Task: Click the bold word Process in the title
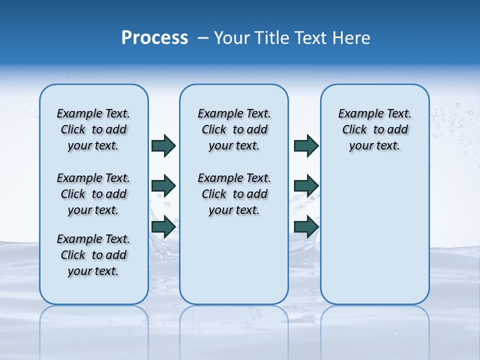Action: [x=154, y=38]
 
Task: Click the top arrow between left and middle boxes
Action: [x=163, y=145]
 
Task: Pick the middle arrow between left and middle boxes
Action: [x=163, y=186]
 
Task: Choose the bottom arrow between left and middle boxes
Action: [x=163, y=227]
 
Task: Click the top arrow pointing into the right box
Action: [x=306, y=145]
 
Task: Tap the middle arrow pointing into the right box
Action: [x=306, y=186]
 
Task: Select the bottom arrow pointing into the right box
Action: [x=306, y=227]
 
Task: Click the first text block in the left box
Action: [x=93, y=129]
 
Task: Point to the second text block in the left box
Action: [x=93, y=194]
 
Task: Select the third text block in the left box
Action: [x=93, y=255]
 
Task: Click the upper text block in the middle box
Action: [x=234, y=129]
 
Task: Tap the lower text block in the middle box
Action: [x=234, y=194]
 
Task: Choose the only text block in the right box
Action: [x=374, y=129]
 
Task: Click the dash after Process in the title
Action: [x=203, y=38]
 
